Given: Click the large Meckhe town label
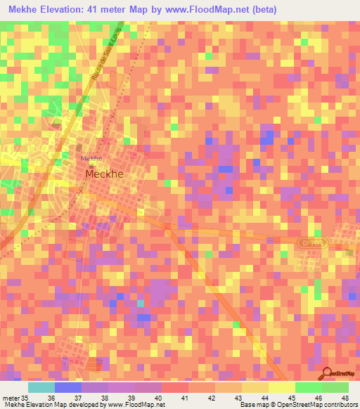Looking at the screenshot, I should click(107, 173).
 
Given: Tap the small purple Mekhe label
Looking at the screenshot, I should click(92, 159).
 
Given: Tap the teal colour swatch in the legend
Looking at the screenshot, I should click(41, 387).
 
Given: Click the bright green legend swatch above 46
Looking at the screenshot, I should click(308, 387).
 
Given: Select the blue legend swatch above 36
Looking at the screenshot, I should click(68, 387).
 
